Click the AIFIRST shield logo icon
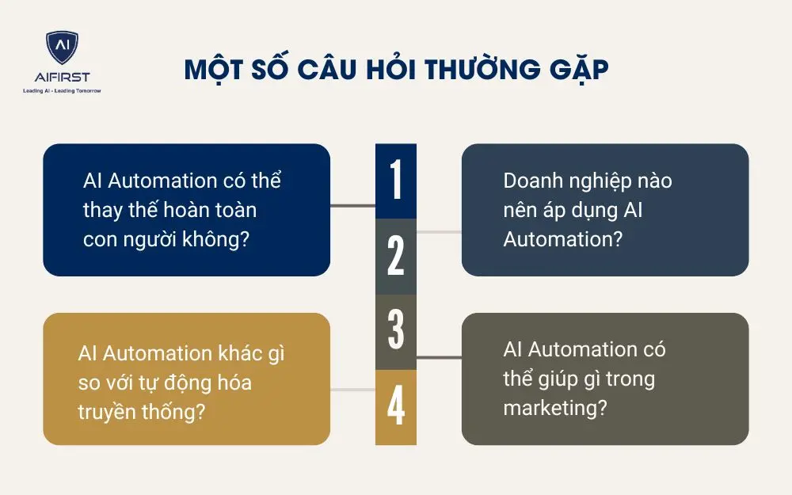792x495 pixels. pos(62,49)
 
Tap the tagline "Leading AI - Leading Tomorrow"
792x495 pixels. pos(62,91)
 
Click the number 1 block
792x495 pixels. pos(396,181)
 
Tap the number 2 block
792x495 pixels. pos(396,256)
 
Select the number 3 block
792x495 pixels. pos(396,330)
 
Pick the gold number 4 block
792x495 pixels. pos(396,406)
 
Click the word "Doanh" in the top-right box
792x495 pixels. pos(532,181)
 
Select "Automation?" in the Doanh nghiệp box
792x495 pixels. pos(562,239)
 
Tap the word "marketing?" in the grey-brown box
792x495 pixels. pos(555,408)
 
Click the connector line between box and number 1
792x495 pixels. pos(352,206)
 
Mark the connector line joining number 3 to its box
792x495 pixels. pos(439,357)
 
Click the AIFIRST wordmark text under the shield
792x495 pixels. pos(62,78)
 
